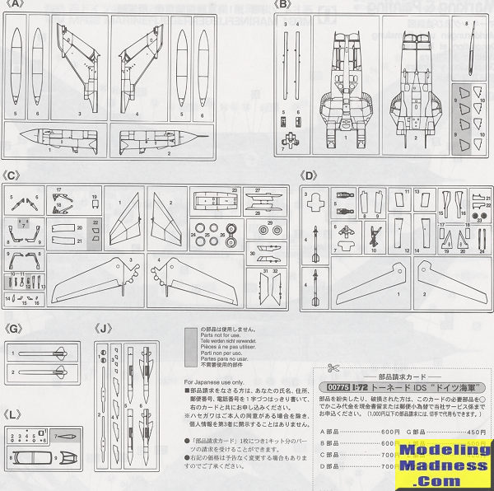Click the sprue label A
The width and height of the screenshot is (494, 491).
tap(13, 5)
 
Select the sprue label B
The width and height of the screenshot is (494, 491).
tap(284, 5)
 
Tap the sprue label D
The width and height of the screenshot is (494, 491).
tap(309, 175)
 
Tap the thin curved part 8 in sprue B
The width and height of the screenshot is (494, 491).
tap(467, 49)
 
